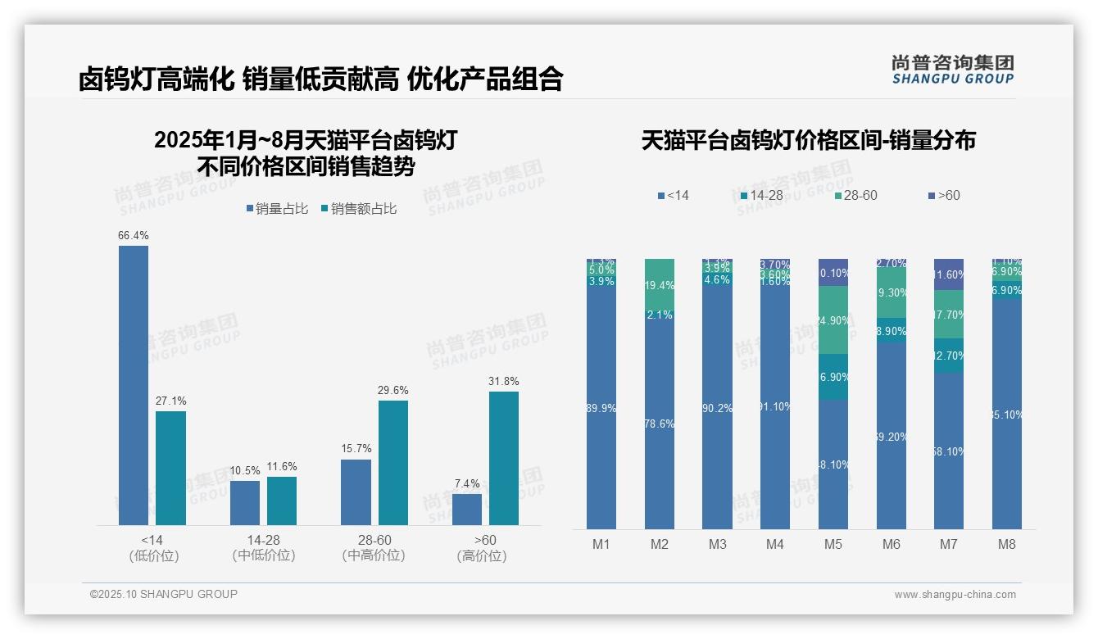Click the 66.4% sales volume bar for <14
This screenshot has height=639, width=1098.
134,385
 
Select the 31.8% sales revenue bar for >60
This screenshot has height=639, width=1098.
504,458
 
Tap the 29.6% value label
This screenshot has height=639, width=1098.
393,391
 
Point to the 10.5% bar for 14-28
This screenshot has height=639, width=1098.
245,503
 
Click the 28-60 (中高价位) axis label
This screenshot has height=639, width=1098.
374,547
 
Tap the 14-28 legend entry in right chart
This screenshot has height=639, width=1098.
761,195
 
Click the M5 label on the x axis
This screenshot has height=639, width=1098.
833,544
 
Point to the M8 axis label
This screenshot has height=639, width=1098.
1007,544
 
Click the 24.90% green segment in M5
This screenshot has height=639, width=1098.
833,320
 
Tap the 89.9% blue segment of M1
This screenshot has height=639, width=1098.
601,408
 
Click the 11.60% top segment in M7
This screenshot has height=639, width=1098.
949,274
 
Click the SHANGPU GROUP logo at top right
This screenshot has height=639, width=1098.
953,70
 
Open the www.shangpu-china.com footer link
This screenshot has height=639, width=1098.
955,595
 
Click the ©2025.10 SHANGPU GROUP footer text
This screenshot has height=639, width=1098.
164,594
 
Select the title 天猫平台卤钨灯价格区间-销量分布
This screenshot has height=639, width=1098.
808,141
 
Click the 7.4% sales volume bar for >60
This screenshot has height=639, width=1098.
467,510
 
